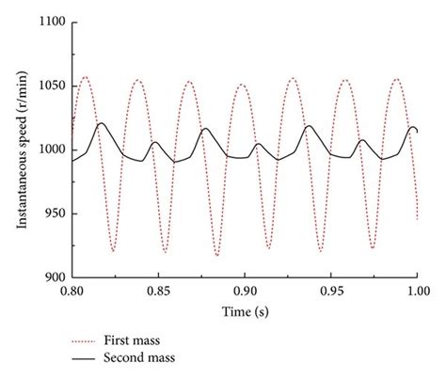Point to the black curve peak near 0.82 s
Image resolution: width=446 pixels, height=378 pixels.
click(101, 123)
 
